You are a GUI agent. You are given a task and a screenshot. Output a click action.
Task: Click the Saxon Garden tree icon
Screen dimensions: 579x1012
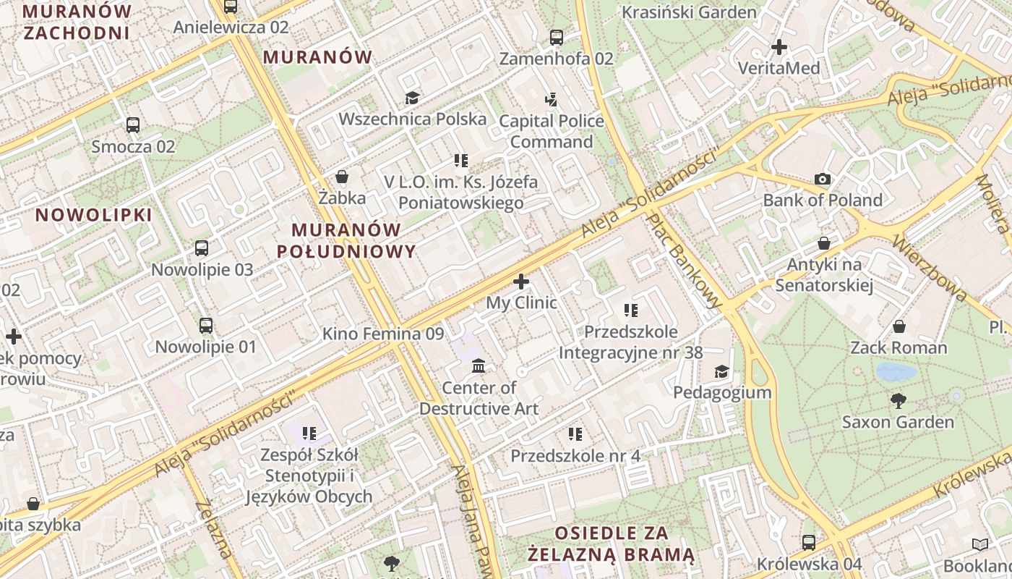899,400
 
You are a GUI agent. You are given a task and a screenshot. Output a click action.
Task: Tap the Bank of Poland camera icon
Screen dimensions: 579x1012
823,179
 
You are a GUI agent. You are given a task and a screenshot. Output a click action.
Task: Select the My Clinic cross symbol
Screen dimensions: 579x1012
520,282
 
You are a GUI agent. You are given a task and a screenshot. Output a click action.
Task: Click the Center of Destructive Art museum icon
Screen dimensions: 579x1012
479,366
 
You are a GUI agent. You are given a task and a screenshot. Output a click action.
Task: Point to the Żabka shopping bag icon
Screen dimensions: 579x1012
342,177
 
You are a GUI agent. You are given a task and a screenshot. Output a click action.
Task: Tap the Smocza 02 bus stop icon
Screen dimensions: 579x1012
133,124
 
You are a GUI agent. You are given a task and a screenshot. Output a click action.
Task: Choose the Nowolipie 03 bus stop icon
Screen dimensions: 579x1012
202,248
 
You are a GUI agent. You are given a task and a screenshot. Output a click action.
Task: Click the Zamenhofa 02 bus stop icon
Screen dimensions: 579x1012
556,38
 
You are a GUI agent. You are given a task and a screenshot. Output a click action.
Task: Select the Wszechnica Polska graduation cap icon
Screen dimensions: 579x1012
412,98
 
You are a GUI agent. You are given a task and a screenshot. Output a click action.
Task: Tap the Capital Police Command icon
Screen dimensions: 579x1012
552,99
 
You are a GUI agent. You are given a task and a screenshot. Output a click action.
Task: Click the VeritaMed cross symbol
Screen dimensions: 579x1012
779,47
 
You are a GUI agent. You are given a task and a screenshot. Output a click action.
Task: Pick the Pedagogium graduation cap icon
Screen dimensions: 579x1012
721,372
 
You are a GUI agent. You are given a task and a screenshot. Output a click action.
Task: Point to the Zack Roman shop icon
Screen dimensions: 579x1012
899,326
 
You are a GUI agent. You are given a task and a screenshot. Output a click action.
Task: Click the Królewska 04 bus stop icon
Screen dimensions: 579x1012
809,542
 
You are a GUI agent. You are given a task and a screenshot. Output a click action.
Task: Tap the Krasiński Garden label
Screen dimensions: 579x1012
689,12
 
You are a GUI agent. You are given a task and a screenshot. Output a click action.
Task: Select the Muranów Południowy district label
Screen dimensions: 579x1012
346,240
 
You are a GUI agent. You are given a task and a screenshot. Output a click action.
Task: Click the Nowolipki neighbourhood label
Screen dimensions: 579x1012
94,215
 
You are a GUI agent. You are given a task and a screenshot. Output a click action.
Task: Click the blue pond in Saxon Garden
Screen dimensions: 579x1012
896,372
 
